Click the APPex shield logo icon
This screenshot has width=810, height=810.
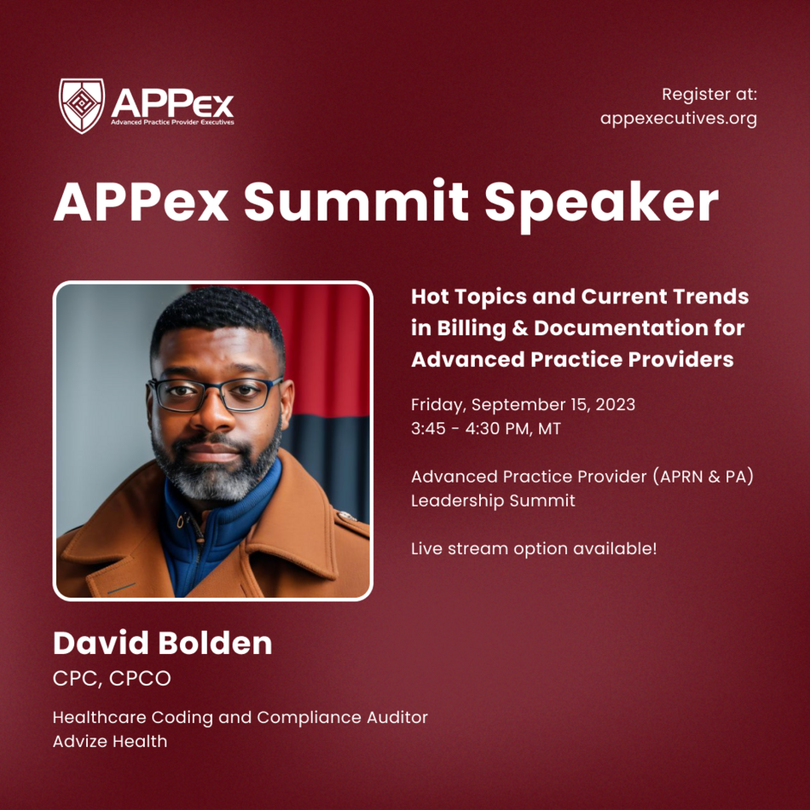pos(82,106)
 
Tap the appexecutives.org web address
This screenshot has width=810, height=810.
pos(679,119)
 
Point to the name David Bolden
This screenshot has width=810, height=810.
pos(162,643)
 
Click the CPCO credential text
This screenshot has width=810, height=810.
pos(140,679)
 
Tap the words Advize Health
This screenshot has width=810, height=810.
pos(110,741)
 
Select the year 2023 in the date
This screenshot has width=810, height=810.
pos(616,404)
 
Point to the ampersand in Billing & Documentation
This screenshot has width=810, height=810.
pos(520,328)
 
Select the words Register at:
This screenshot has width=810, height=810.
pos(709,95)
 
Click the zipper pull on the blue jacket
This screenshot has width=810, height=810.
pos(180,521)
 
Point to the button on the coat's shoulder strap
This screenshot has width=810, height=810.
pos(346,516)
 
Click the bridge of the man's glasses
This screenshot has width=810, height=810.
pos(214,387)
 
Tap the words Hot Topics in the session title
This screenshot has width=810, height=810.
pos(467,298)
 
